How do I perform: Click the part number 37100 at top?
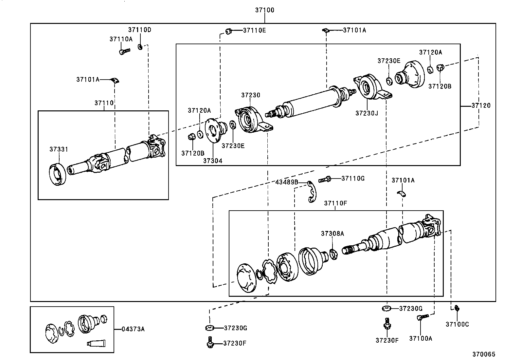[x=264, y=10]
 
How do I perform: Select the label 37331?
[x=59, y=149]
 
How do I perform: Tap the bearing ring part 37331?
[x=58, y=174]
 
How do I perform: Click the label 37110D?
[x=139, y=30]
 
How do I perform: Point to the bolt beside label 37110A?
[x=124, y=51]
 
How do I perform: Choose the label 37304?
[x=212, y=161]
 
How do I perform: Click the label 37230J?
[x=367, y=113]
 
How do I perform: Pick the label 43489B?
[x=286, y=182]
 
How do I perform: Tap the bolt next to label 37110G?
[x=325, y=179]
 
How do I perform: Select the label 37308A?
[x=332, y=234]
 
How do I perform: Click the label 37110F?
[x=335, y=203]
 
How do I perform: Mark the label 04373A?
[x=133, y=329]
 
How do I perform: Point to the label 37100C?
[x=457, y=324]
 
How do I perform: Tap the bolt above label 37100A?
[x=422, y=317]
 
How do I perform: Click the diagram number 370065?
[x=483, y=354]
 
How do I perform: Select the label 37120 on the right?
[x=481, y=105]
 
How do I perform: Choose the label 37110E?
[x=254, y=30]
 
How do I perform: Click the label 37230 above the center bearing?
[x=250, y=95]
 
